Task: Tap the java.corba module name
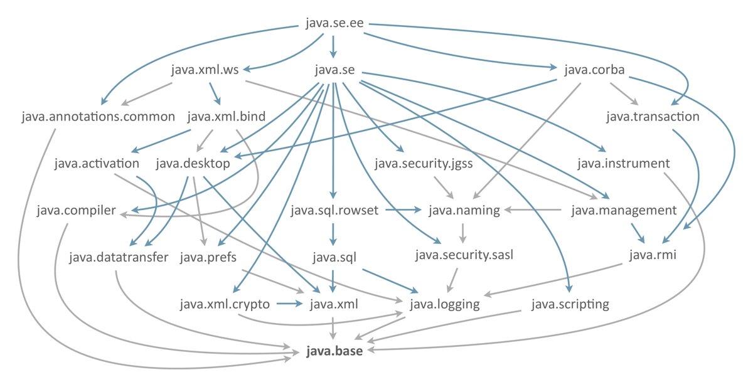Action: (594, 70)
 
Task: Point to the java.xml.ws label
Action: (205, 70)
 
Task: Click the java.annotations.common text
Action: (98, 117)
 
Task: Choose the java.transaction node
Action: (653, 117)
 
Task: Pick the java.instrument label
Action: (624, 164)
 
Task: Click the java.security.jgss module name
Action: (424, 164)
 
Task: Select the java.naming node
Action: (464, 211)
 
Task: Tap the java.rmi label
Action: (653, 257)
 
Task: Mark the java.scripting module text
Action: (570, 305)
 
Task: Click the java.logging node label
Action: (445, 305)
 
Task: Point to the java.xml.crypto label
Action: (225, 305)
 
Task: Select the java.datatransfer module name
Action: (119, 257)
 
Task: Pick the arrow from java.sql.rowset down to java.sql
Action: (334, 233)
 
